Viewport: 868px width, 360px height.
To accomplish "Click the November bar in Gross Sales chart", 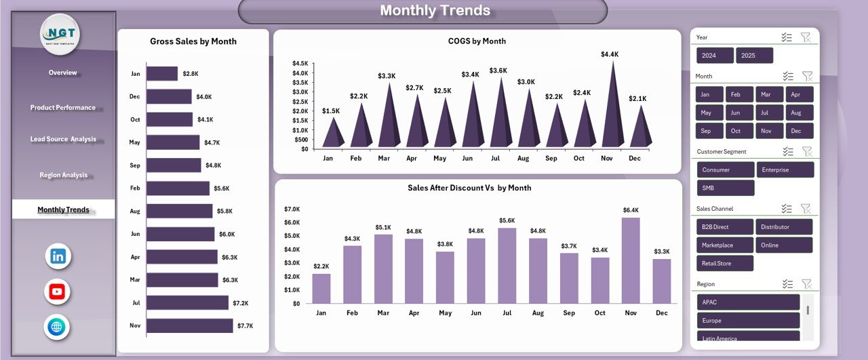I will (190, 326).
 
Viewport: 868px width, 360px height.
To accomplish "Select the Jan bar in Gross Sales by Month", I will (162, 74).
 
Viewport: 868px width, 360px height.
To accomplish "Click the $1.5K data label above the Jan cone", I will (331, 111).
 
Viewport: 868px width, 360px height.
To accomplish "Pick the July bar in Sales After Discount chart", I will (507, 266).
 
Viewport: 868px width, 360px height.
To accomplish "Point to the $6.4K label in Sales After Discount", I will (631, 210).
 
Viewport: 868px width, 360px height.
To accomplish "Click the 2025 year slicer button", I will (754, 56).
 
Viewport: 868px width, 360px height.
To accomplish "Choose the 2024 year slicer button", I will (715, 56).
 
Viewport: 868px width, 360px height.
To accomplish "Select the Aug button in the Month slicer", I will (799, 113).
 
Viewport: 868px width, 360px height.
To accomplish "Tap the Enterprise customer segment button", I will (785, 169).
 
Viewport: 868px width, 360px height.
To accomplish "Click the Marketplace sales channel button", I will (725, 245).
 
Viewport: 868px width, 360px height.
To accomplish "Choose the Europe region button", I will (748, 320).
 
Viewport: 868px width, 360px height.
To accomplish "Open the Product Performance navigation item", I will (63, 108).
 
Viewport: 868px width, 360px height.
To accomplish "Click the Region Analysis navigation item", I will (63, 175).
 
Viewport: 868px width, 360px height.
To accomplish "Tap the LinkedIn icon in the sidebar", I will (58, 256).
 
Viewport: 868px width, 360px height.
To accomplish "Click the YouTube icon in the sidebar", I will (58, 292).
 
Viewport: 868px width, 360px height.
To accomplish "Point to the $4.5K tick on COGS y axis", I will (300, 63).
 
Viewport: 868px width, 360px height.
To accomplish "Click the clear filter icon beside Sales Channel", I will (806, 209).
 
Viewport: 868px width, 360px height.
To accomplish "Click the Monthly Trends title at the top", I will (435, 10).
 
